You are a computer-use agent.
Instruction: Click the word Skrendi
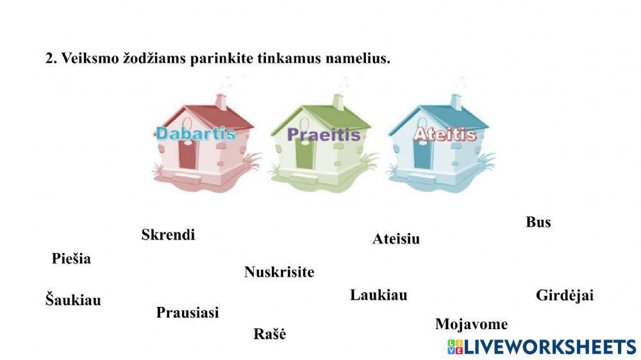tap(168, 235)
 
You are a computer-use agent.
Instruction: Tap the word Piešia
tap(71, 259)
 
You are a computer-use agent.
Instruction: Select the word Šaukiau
tap(73, 300)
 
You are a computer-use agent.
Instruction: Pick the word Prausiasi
tap(187, 313)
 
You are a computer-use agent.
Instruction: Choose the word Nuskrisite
tap(279, 272)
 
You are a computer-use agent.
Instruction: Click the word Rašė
tap(269, 334)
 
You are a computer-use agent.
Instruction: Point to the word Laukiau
tap(378, 295)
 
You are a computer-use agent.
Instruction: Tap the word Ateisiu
tap(396, 240)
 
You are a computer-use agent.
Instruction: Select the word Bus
tap(538, 222)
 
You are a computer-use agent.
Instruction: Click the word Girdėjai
tap(565, 295)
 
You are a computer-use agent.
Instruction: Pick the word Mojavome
tap(471, 324)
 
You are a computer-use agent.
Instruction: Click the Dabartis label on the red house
tap(196, 134)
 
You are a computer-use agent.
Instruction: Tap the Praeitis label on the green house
tap(323, 135)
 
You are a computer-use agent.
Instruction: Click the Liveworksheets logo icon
tap(455, 347)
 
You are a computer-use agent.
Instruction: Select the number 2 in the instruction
tap(49, 59)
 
